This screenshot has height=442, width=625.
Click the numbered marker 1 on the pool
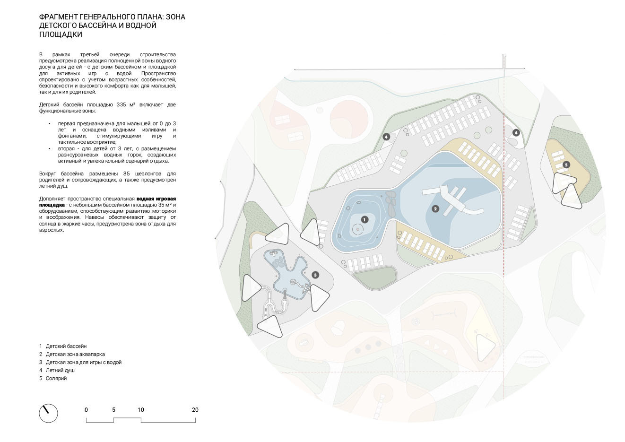click(x=365, y=220)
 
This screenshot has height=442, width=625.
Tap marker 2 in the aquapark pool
click(x=435, y=209)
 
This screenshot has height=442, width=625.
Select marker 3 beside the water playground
click(x=315, y=275)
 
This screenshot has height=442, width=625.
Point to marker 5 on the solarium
click(x=566, y=165)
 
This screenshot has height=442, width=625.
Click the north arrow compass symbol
click(x=48, y=413)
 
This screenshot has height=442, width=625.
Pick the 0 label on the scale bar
click(x=86, y=410)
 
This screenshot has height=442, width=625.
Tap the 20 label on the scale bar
click(x=195, y=410)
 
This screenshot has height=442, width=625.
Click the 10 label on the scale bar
click(x=140, y=410)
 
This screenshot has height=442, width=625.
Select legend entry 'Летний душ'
click(x=60, y=370)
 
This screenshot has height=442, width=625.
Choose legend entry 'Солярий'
click(x=56, y=378)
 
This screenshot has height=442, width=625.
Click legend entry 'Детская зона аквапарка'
click(x=75, y=354)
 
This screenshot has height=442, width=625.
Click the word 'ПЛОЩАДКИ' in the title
click(x=61, y=35)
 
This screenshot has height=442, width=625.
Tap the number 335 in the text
click(x=122, y=104)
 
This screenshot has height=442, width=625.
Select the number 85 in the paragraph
click(x=126, y=173)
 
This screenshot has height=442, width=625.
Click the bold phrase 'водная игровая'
click(x=156, y=199)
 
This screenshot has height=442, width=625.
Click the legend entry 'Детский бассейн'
click(x=66, y=346)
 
